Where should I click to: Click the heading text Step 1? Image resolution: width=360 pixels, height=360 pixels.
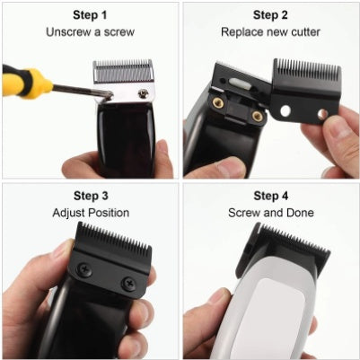tap(90, 15)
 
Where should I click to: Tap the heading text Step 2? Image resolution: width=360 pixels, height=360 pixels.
tap(270, 15)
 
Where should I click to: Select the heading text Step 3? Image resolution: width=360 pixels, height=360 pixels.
tap(91, 196)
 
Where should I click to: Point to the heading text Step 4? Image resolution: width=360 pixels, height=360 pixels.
tap(271, 196)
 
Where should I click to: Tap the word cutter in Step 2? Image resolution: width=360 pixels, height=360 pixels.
tap(305, 32)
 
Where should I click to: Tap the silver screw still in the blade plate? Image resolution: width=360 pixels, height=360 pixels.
tap(143, 93)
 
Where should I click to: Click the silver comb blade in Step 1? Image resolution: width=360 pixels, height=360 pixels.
tap(123, 72)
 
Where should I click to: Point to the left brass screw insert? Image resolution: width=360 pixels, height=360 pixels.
tap(218, 103)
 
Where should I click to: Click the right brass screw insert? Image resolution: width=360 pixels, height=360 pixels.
tap(257, 116)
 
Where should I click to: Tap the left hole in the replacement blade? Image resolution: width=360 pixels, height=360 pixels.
tap(285, 111)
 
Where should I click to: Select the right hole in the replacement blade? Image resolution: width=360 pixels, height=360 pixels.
tap(322, 114)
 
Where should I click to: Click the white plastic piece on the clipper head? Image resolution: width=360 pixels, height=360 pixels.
tap(239, 83)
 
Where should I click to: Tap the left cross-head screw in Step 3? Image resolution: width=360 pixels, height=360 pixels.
tap(84, 269)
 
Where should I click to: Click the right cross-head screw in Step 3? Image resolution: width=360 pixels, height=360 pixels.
tap(129, 283)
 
